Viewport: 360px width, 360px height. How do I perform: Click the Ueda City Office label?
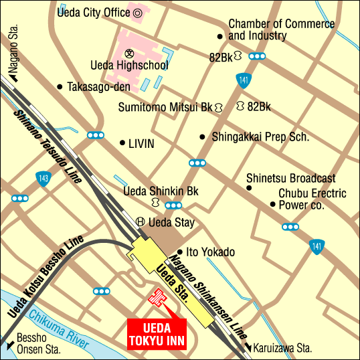point(94,12)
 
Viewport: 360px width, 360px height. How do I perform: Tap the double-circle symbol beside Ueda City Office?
point(138,12)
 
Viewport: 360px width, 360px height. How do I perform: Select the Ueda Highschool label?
point(129,66)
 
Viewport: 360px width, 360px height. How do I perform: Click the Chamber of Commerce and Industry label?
point(281,29)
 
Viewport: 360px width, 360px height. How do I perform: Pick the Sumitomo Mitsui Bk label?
point(165,107)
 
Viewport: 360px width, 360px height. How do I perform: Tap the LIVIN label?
point(141,143)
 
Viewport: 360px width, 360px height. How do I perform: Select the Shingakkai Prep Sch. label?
point(260,137)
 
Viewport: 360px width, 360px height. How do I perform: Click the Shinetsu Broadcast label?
point(290,179)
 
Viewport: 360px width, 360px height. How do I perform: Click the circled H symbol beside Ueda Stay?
point(141,222)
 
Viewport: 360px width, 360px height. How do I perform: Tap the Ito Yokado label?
point(210,252)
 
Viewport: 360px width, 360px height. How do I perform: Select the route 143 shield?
point(43,179)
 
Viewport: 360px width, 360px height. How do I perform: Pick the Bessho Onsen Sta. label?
point(37,344)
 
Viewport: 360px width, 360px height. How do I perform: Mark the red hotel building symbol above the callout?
point(158,298)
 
